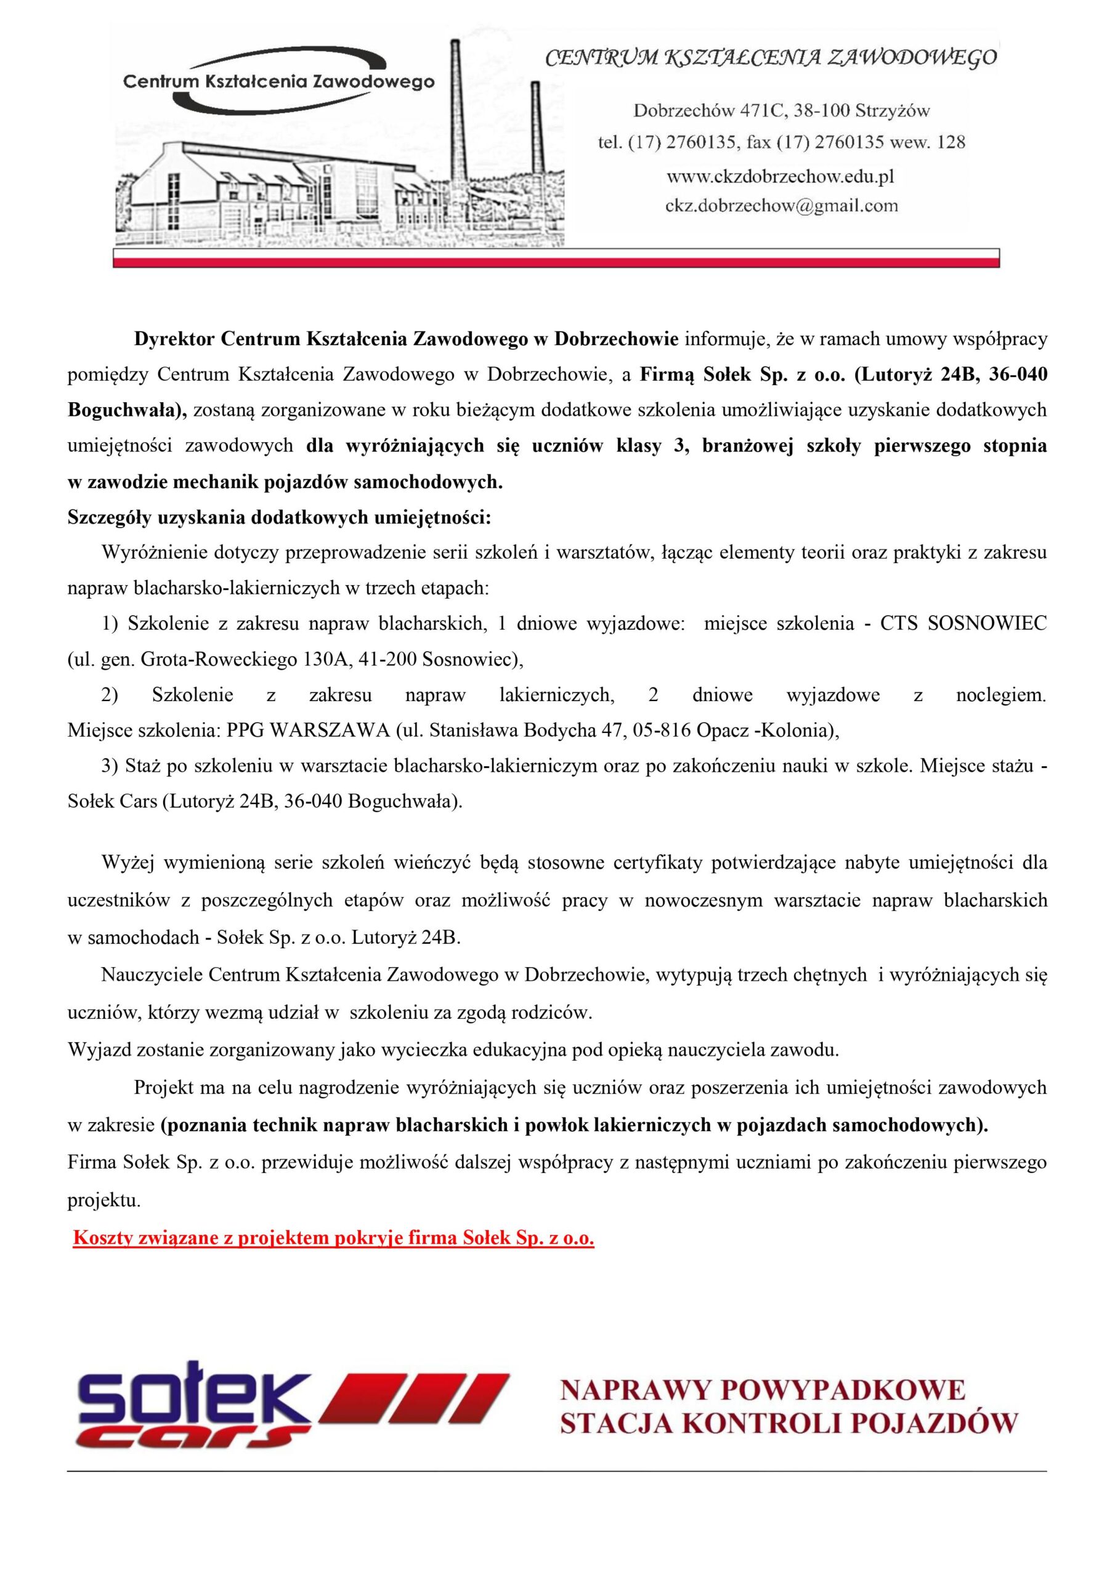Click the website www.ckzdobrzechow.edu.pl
click(x=780, y=177)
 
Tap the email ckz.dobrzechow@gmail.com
click(x=780, y=205)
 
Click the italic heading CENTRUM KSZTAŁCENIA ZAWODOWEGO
click(x=770, y=59)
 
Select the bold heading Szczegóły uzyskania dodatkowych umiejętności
click(x=280, y=517)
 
